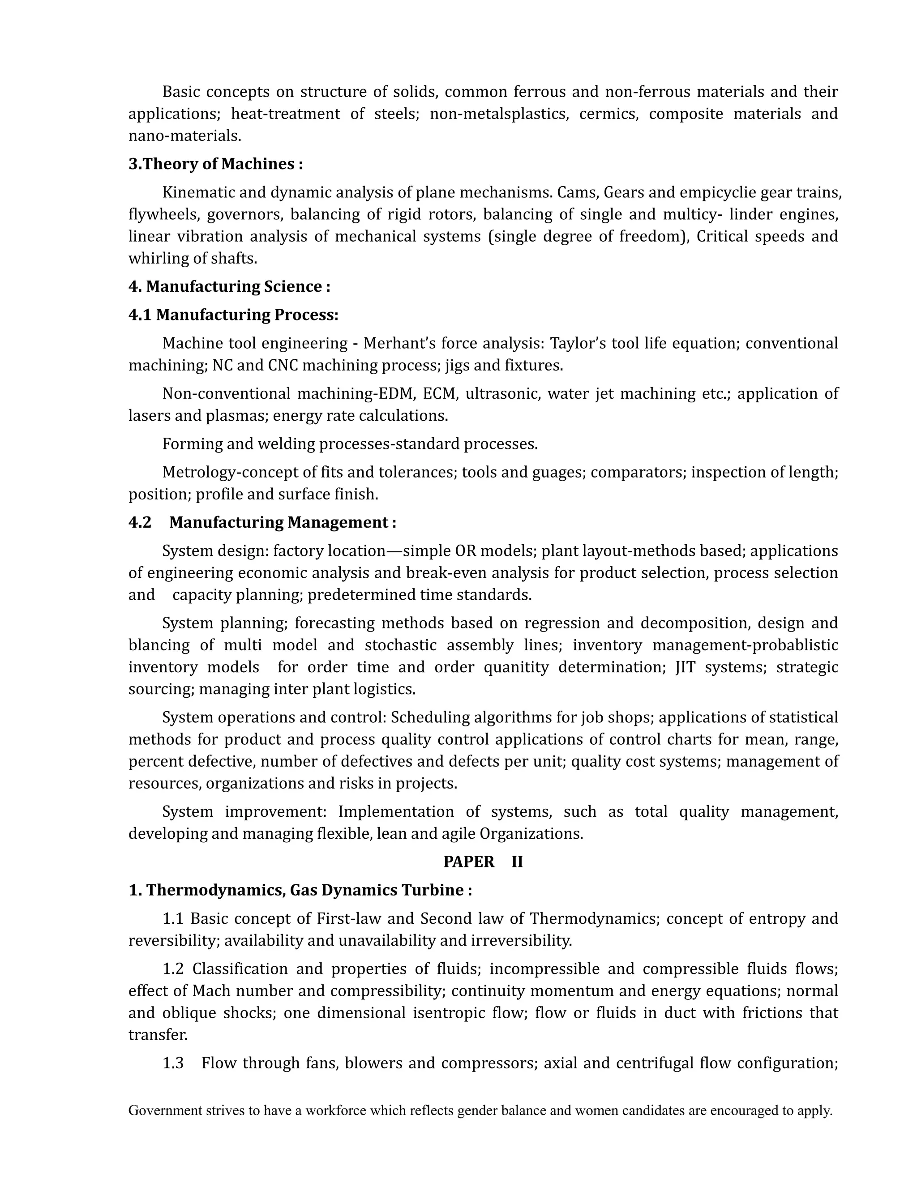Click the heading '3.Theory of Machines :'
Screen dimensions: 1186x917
215,164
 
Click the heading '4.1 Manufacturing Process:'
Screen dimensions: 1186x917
233,315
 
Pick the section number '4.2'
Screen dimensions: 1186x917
140,522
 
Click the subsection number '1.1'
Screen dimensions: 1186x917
173,919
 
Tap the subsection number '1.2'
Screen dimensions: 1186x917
173,969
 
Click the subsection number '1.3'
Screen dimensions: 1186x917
173,1063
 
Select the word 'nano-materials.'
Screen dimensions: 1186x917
185,136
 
